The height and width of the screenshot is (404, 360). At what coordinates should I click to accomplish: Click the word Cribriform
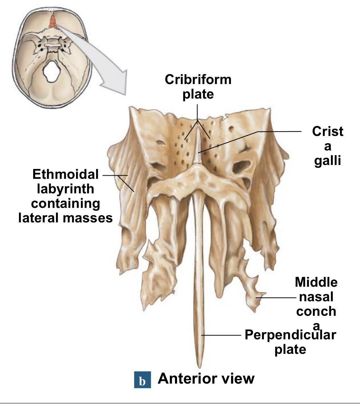point(198,80)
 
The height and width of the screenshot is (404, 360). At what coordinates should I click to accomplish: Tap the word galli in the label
point(327,161)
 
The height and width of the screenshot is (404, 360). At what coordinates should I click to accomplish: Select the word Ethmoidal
point(66,174)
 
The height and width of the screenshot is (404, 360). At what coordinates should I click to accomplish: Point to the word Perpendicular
point(290,335)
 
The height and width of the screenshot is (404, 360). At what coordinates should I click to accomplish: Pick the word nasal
point(316,297)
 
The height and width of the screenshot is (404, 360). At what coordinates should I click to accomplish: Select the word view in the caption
point(239,379)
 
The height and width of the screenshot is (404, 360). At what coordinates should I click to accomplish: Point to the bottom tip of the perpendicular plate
point(199,366)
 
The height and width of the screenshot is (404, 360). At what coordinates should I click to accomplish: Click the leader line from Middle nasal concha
point(277,297)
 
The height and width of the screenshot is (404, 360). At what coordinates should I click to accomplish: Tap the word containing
point(65,203)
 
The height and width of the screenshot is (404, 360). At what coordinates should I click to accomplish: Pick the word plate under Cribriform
point(198,94)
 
